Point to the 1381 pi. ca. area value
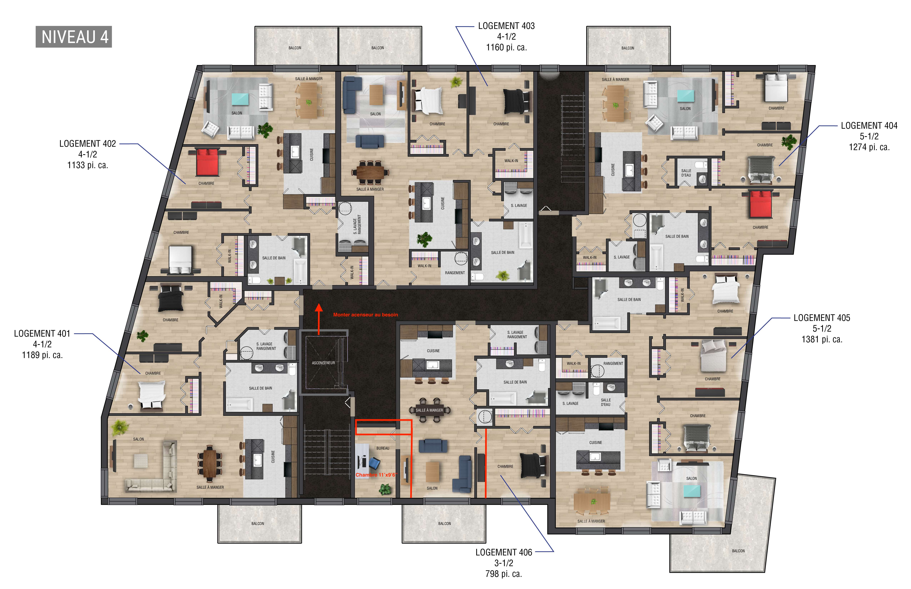tap(822, 339)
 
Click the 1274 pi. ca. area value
tap(869, 147)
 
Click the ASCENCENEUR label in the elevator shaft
tap(323, 363)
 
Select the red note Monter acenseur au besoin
tap(365, 315)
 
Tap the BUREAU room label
tap(383, 448)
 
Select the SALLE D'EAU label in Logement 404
tap(686, 173)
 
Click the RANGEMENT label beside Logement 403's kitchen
tap(455, 273)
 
